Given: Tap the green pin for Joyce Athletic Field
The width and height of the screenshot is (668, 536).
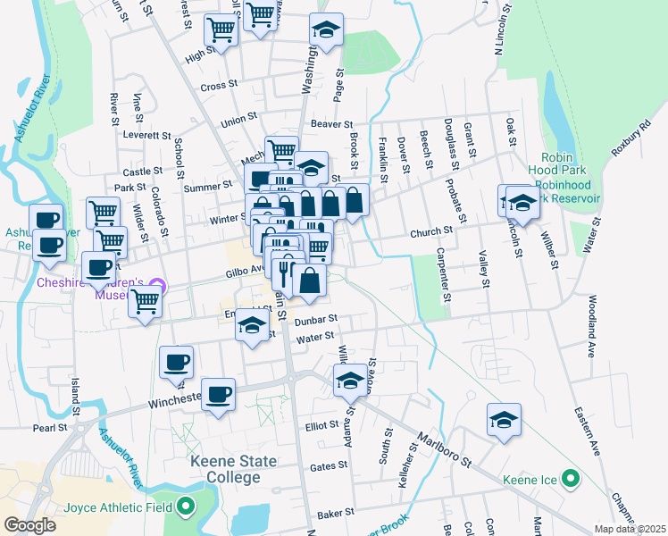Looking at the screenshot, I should point(185,507).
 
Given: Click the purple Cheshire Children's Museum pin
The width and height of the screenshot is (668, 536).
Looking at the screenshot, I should point(158,286).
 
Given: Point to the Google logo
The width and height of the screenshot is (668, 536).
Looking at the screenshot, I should point(29,525).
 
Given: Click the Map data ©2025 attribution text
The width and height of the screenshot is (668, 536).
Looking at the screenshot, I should point(630,529).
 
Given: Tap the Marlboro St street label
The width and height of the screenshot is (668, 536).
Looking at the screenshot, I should point(444,452).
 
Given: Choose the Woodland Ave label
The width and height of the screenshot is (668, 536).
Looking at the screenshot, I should point(591,326).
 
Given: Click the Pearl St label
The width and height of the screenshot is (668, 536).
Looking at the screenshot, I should point(50,428).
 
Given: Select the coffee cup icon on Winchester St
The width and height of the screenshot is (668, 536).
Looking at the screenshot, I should point(217,395).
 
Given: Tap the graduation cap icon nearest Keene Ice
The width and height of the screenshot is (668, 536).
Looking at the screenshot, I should point(504,420).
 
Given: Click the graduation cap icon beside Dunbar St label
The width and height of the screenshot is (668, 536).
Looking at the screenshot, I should point(253,325).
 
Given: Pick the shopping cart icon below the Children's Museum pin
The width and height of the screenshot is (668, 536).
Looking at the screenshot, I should point(145,303).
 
